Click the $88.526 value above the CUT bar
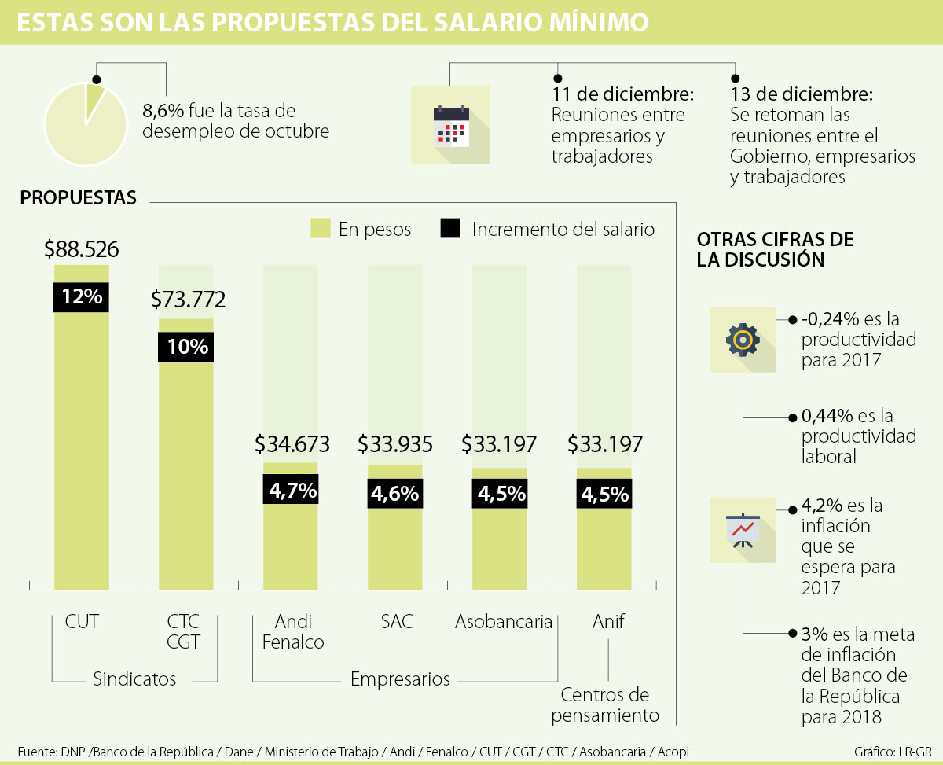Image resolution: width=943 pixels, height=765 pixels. [x=82, y=250]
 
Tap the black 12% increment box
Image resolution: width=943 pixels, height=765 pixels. [x=82, y=296]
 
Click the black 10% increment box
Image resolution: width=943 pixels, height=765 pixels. [x=185, y=347]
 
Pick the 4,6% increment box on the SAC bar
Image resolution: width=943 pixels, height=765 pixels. [x=395, y=495]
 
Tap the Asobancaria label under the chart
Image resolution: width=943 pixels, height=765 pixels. [x=504, y=622]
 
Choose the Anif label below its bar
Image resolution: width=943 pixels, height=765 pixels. [x=608, y=622]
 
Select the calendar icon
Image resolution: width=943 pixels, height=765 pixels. [x=451, y=125]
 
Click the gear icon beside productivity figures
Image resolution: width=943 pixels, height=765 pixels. [x=743, y=340]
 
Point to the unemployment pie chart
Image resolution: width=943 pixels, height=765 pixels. [x=86, y=125]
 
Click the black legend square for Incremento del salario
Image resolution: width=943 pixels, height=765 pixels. [x=449, y=229]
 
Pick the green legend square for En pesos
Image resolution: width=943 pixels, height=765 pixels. [x=320, y=229]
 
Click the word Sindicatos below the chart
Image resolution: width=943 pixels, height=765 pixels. [x=134, y=679]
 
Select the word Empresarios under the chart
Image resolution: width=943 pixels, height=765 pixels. [x=400, y=679]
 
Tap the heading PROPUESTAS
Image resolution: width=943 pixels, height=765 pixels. [x=78, y=198]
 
